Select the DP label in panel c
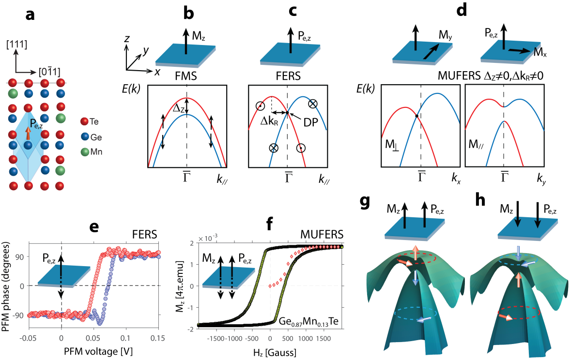(313, 123)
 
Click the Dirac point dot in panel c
(287, 113)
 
